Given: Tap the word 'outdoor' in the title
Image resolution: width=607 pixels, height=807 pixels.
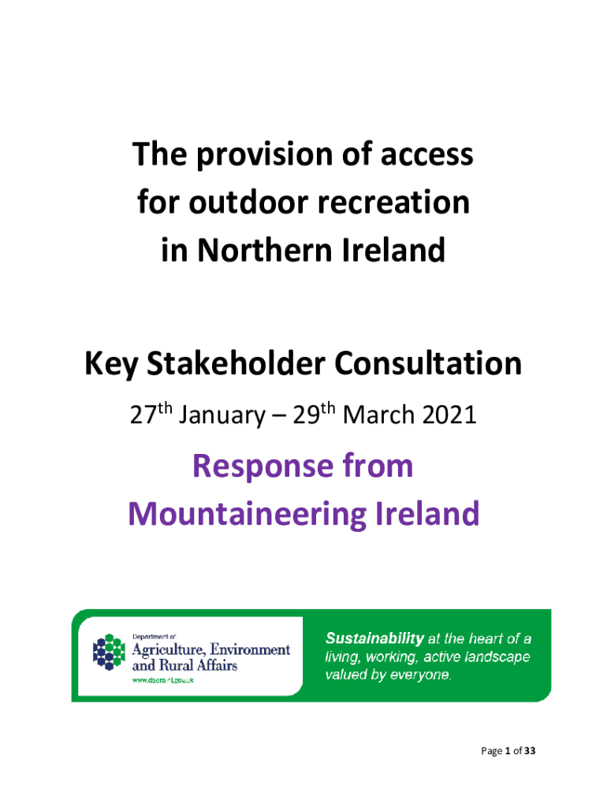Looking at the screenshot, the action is (x=249, y=202).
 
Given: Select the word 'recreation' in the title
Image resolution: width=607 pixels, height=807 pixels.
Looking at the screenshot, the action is (x=393, y=202).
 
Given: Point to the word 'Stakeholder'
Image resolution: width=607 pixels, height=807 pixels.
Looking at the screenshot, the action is (x=236, y=363).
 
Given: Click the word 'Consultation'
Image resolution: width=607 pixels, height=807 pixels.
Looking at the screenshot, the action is (x=428, y=363).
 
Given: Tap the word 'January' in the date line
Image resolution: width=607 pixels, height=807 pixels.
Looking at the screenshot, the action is (x=222, y=415).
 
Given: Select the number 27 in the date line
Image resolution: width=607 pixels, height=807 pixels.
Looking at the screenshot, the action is (x=143, y=415).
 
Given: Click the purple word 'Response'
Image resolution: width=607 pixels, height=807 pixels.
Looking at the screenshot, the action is (x=263, y=467).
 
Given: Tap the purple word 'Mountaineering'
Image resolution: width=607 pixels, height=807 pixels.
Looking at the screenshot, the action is (x=247, y=514).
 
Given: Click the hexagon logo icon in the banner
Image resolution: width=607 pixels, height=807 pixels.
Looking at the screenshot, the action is (x=109, y=652).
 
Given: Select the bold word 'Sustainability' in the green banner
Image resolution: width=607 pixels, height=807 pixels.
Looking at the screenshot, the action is (x=374, y=638).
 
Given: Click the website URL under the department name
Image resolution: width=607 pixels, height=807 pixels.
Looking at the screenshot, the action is (x=162, y=680).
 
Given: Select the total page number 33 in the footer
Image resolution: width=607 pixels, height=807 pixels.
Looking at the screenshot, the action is (x=530, y=751).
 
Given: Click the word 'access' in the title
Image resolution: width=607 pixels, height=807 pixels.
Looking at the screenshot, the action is (x=426, y=155).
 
